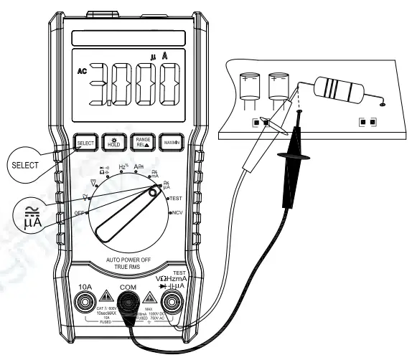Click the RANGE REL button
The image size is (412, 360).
coord(139,143)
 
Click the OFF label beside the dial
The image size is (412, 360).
coord(80,214)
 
